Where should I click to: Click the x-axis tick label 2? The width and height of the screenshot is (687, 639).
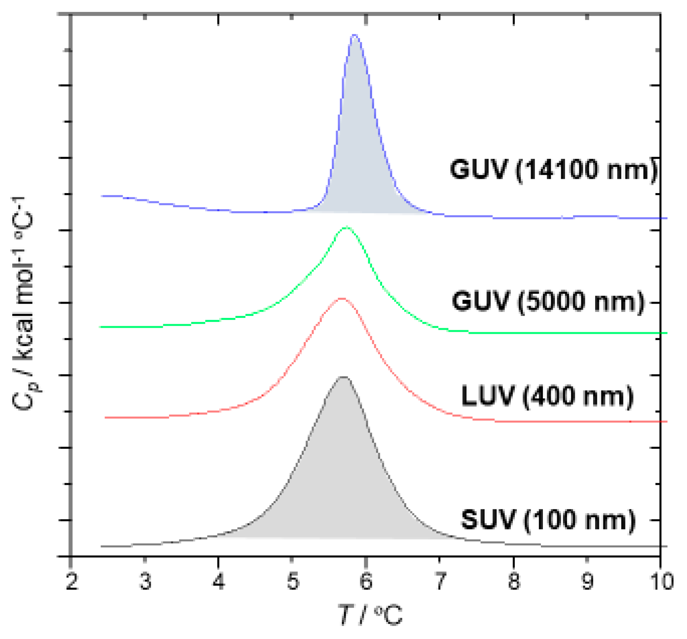pyautogui.click(x=72, y=582)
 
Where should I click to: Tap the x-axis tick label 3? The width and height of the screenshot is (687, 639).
pyautogui.click(x=145, y=582)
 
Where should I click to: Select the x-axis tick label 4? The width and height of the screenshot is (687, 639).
pyautogui.click(x=219, y=582)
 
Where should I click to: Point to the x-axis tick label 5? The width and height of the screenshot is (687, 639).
pyautogui.click(x=293, y=582)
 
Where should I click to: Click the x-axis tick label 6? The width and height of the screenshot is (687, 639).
pyautogui.click(x=366, y=582)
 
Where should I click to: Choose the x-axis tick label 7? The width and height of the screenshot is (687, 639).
pyautogui.click(x=440, y=582)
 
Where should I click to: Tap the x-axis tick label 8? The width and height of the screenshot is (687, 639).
pyautogui.click(x=514, y=582)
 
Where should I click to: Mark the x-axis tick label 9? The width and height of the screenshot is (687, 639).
pyautogui.click(x=587, y=582)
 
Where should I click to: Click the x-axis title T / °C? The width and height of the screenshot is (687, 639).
pyautogui.click(x=371, y=616)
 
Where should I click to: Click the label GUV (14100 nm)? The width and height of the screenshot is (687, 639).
pyautogui.click(x=553, y=170)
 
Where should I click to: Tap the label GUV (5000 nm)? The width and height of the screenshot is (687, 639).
pyautogui.click(x=548, y=301)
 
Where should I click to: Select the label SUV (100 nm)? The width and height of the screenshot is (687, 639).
pyautogui.click(x=548, y=519)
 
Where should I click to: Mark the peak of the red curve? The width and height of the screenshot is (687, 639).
pyautogui.click(x=341, y=298)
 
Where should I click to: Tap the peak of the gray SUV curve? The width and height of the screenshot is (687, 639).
pyautogui.click(x=343, y=377)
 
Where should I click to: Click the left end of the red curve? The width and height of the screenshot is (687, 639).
pyautogui.click(x=106, y=417)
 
